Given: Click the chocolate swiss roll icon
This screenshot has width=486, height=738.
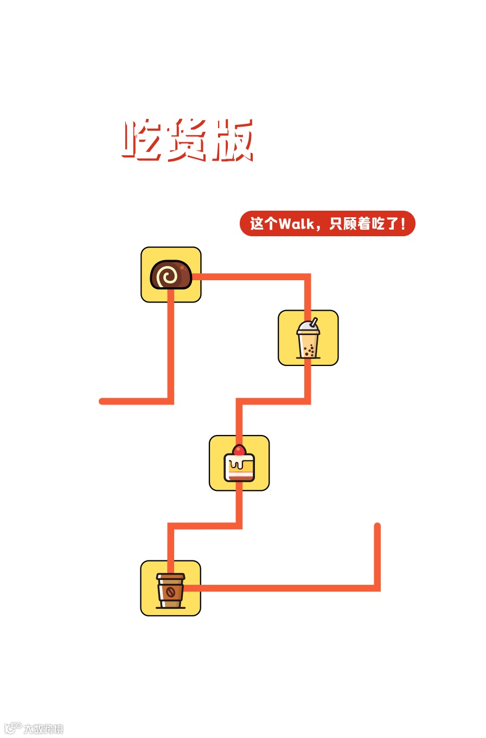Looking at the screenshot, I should pyautogui.click(x=171, y=275).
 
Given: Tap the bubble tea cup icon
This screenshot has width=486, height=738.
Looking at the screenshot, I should pyautogui.click(x=308, y=338).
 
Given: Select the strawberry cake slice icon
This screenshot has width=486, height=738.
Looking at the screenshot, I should pyautogui.click(x=239, y=463).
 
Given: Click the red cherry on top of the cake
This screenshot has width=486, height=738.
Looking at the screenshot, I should pyautogui.click(x=239, y=450).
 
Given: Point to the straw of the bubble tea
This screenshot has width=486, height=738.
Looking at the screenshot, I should pyautogui.click(x=314, y=322).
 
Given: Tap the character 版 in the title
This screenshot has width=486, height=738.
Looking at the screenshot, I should pyautogui.click(x=233, y=141).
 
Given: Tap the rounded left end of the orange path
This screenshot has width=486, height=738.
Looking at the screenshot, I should pyautogui.click(x=102, y=402).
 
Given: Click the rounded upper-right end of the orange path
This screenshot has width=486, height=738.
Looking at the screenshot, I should pyautogui.click(x=378, y=526).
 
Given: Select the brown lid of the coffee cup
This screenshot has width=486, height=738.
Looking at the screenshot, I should pyautogui.click(x=171, y=577).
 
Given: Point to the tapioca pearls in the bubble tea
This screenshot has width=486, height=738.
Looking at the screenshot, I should pyautogui.click(x=309, y=351).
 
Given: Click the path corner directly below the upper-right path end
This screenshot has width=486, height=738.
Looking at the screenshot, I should pyautogui.click(x=378, y=588).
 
